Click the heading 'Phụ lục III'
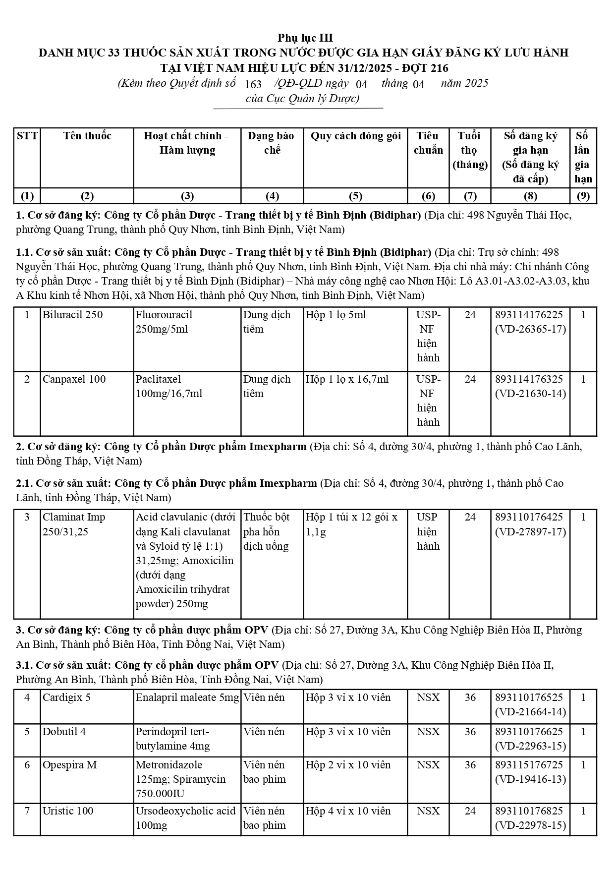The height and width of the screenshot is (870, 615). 305,38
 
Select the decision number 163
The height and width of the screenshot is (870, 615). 253,84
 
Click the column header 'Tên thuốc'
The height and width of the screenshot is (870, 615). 87,136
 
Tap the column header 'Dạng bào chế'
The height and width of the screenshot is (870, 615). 271,143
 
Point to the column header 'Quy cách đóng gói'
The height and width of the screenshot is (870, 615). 355,136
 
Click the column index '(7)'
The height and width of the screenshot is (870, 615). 469,196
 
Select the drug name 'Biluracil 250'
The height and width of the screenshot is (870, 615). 72,315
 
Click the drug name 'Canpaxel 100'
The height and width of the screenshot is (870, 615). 74,379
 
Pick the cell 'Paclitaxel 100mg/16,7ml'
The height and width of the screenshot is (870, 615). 169,386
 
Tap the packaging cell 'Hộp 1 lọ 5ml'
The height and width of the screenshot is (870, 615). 335,315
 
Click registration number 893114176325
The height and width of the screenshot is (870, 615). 529,379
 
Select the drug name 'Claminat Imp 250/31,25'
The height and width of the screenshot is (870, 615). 74,524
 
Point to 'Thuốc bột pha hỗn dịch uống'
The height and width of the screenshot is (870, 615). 266,531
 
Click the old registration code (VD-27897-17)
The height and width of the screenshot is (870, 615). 530,532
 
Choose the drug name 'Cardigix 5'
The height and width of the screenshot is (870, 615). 66,697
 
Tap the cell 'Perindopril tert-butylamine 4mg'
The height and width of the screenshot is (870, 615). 172,739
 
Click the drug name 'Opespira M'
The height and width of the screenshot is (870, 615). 69,765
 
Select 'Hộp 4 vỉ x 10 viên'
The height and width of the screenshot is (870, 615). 348,811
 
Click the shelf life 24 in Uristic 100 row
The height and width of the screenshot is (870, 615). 470,811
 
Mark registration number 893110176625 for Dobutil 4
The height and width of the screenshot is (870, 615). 529,732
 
